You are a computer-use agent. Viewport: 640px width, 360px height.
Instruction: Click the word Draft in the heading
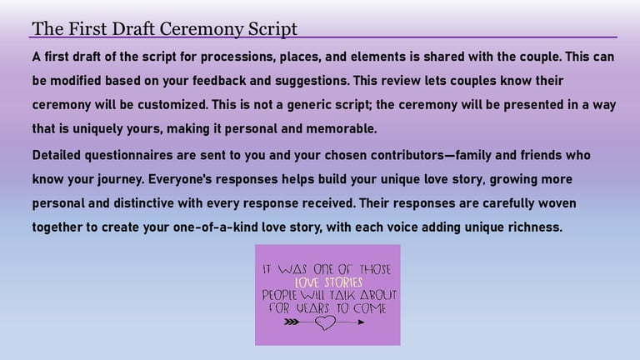tap(133, 28)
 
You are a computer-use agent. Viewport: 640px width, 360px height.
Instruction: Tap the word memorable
tap(341, 128)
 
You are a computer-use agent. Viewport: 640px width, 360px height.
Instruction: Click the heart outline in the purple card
tap(325, 322)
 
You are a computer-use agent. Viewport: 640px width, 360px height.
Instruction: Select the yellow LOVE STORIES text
tap(328, 282)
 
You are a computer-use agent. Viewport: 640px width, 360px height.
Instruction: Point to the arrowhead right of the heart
tap(361, 322)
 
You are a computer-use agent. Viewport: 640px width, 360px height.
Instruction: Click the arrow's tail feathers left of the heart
tap(291, 322)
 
